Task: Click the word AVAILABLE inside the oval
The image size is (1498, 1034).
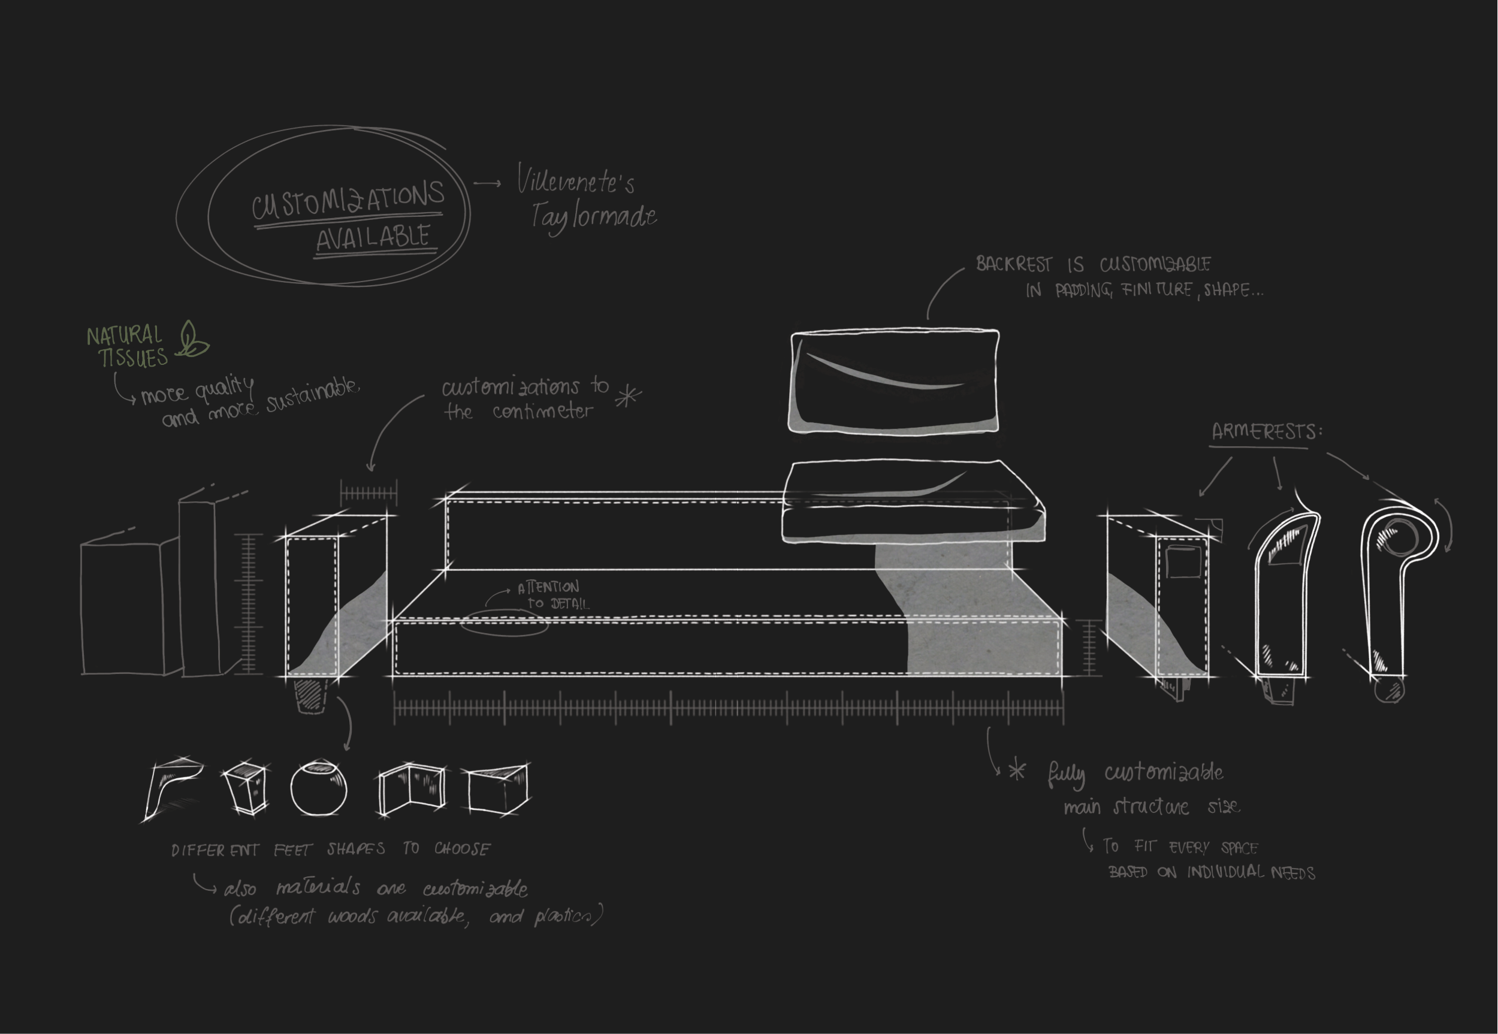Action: click(373, 237)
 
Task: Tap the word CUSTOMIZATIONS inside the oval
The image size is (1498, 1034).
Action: click(348, 199)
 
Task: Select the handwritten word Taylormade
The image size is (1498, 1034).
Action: click(593, 217)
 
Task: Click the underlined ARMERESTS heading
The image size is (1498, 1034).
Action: click(1266, 431)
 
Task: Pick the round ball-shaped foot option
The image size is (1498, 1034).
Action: click(319, 788)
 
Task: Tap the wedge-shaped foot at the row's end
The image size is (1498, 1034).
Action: click(497, 788)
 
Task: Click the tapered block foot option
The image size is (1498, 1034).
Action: click(245, 788)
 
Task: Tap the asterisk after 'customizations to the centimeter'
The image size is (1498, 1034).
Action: click(628, 396)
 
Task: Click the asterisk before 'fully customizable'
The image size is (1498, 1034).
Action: click(1017, 772)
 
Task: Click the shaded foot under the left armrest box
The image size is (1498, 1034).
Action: click(311, 694)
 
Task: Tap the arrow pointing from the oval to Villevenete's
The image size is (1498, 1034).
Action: click(487, 184)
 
